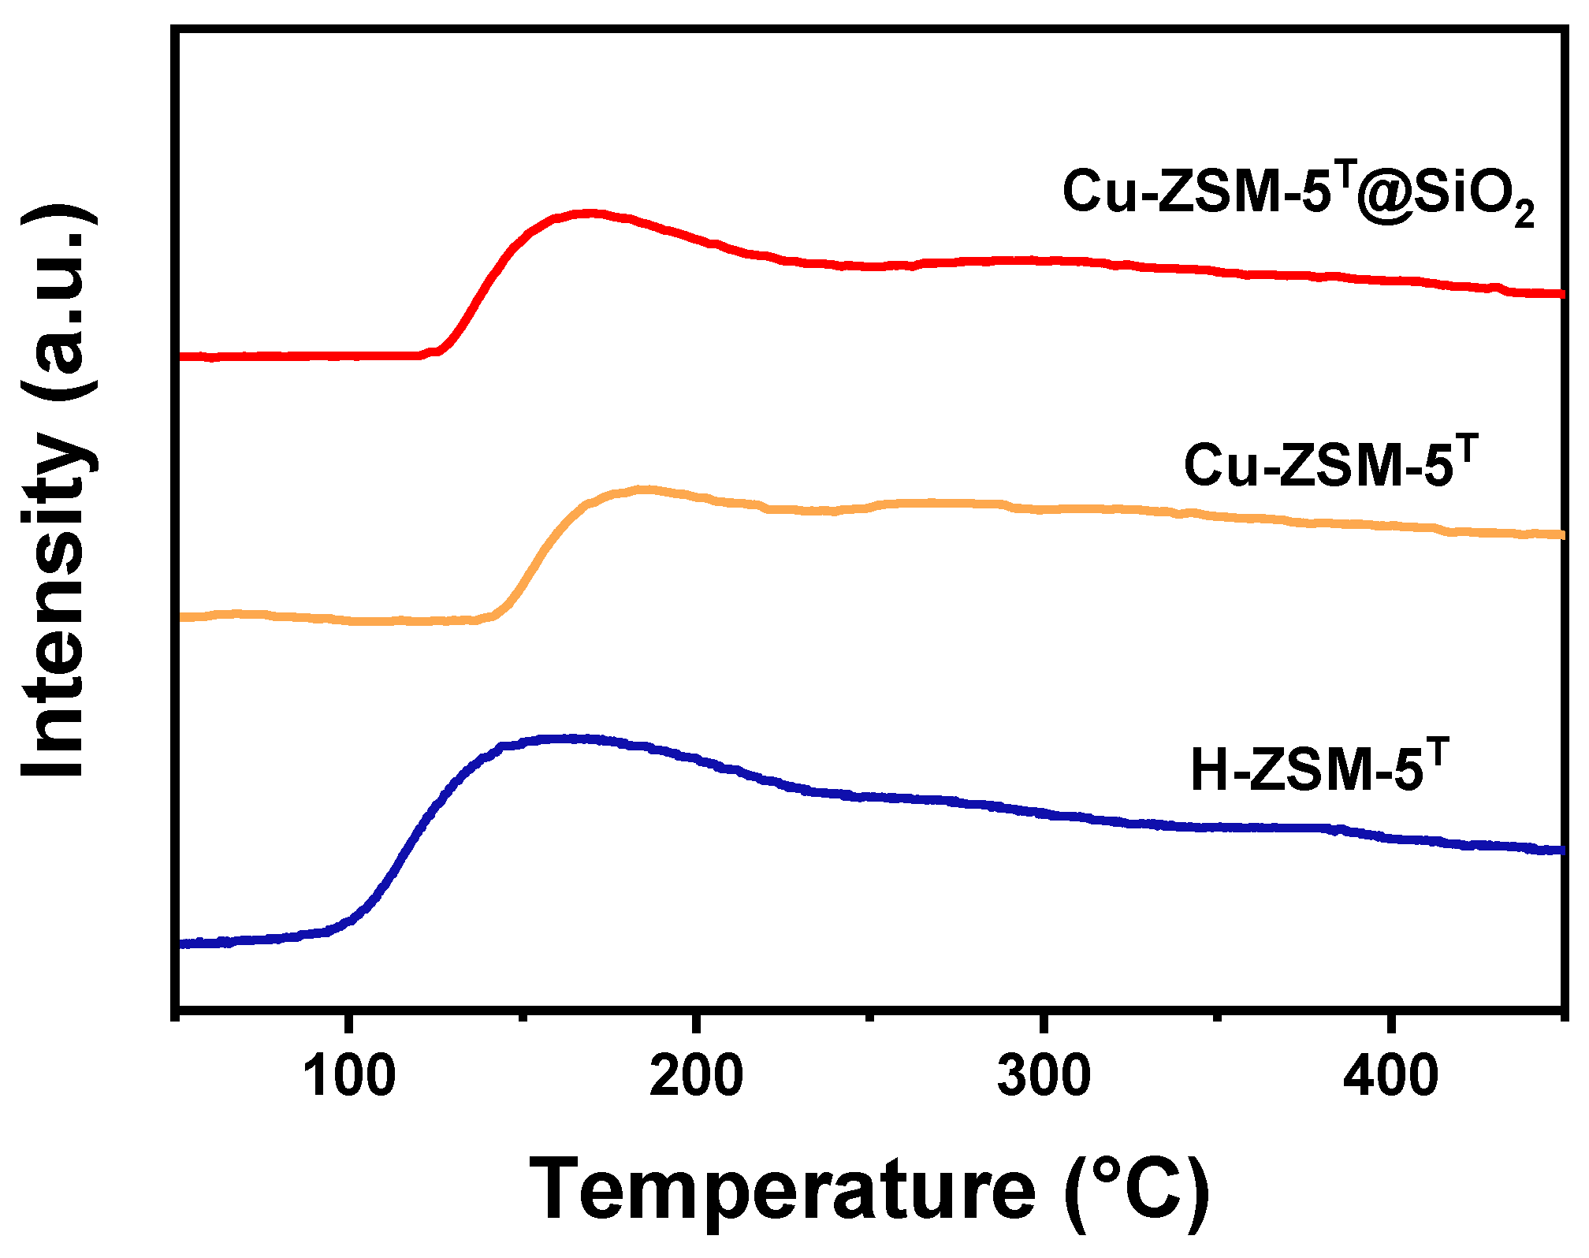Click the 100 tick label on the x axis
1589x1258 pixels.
click(348, 1077)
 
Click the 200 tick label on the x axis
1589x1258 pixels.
click(696, 1077)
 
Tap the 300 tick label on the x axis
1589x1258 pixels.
click(1044, 1077)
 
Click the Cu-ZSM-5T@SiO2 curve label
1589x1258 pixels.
click(1297, 193)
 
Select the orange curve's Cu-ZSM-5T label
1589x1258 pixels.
click(1329, 465)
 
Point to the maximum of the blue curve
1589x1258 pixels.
click(567, 739)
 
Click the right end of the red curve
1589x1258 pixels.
click(1561, 293)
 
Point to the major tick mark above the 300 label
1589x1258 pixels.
click(1044, 1018)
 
